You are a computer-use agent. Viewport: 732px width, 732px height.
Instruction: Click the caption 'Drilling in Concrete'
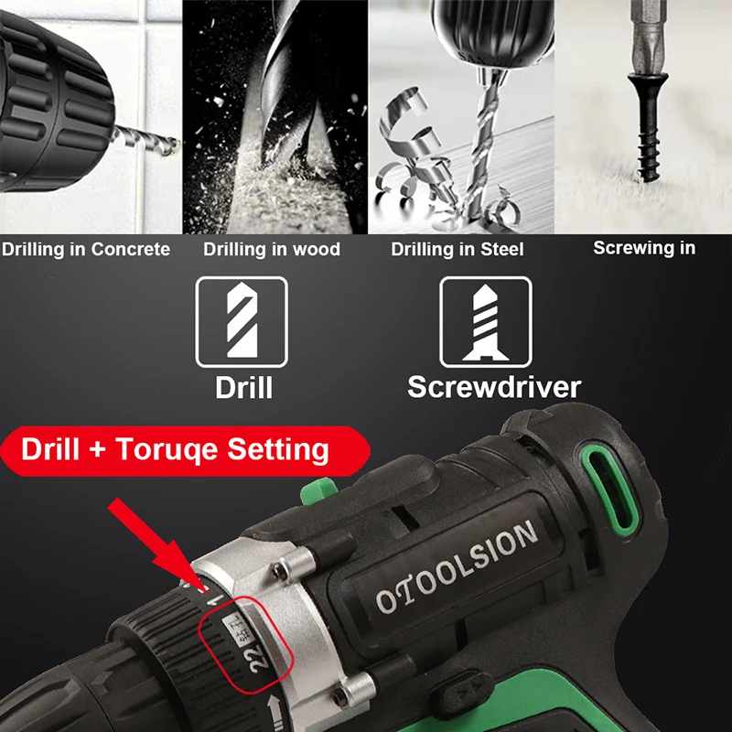point(85,249)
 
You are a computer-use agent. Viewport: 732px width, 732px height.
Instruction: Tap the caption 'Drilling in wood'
point(272,249)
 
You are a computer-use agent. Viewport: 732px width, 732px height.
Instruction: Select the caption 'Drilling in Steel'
point(457,249)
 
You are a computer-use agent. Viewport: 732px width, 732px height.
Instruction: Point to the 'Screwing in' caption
point(644,247)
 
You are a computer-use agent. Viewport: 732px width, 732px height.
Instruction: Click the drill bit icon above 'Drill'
point(242,322)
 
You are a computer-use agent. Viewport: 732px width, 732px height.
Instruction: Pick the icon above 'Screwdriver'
point(486,322)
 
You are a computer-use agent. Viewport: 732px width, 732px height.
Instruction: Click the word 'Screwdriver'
point(494,385)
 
